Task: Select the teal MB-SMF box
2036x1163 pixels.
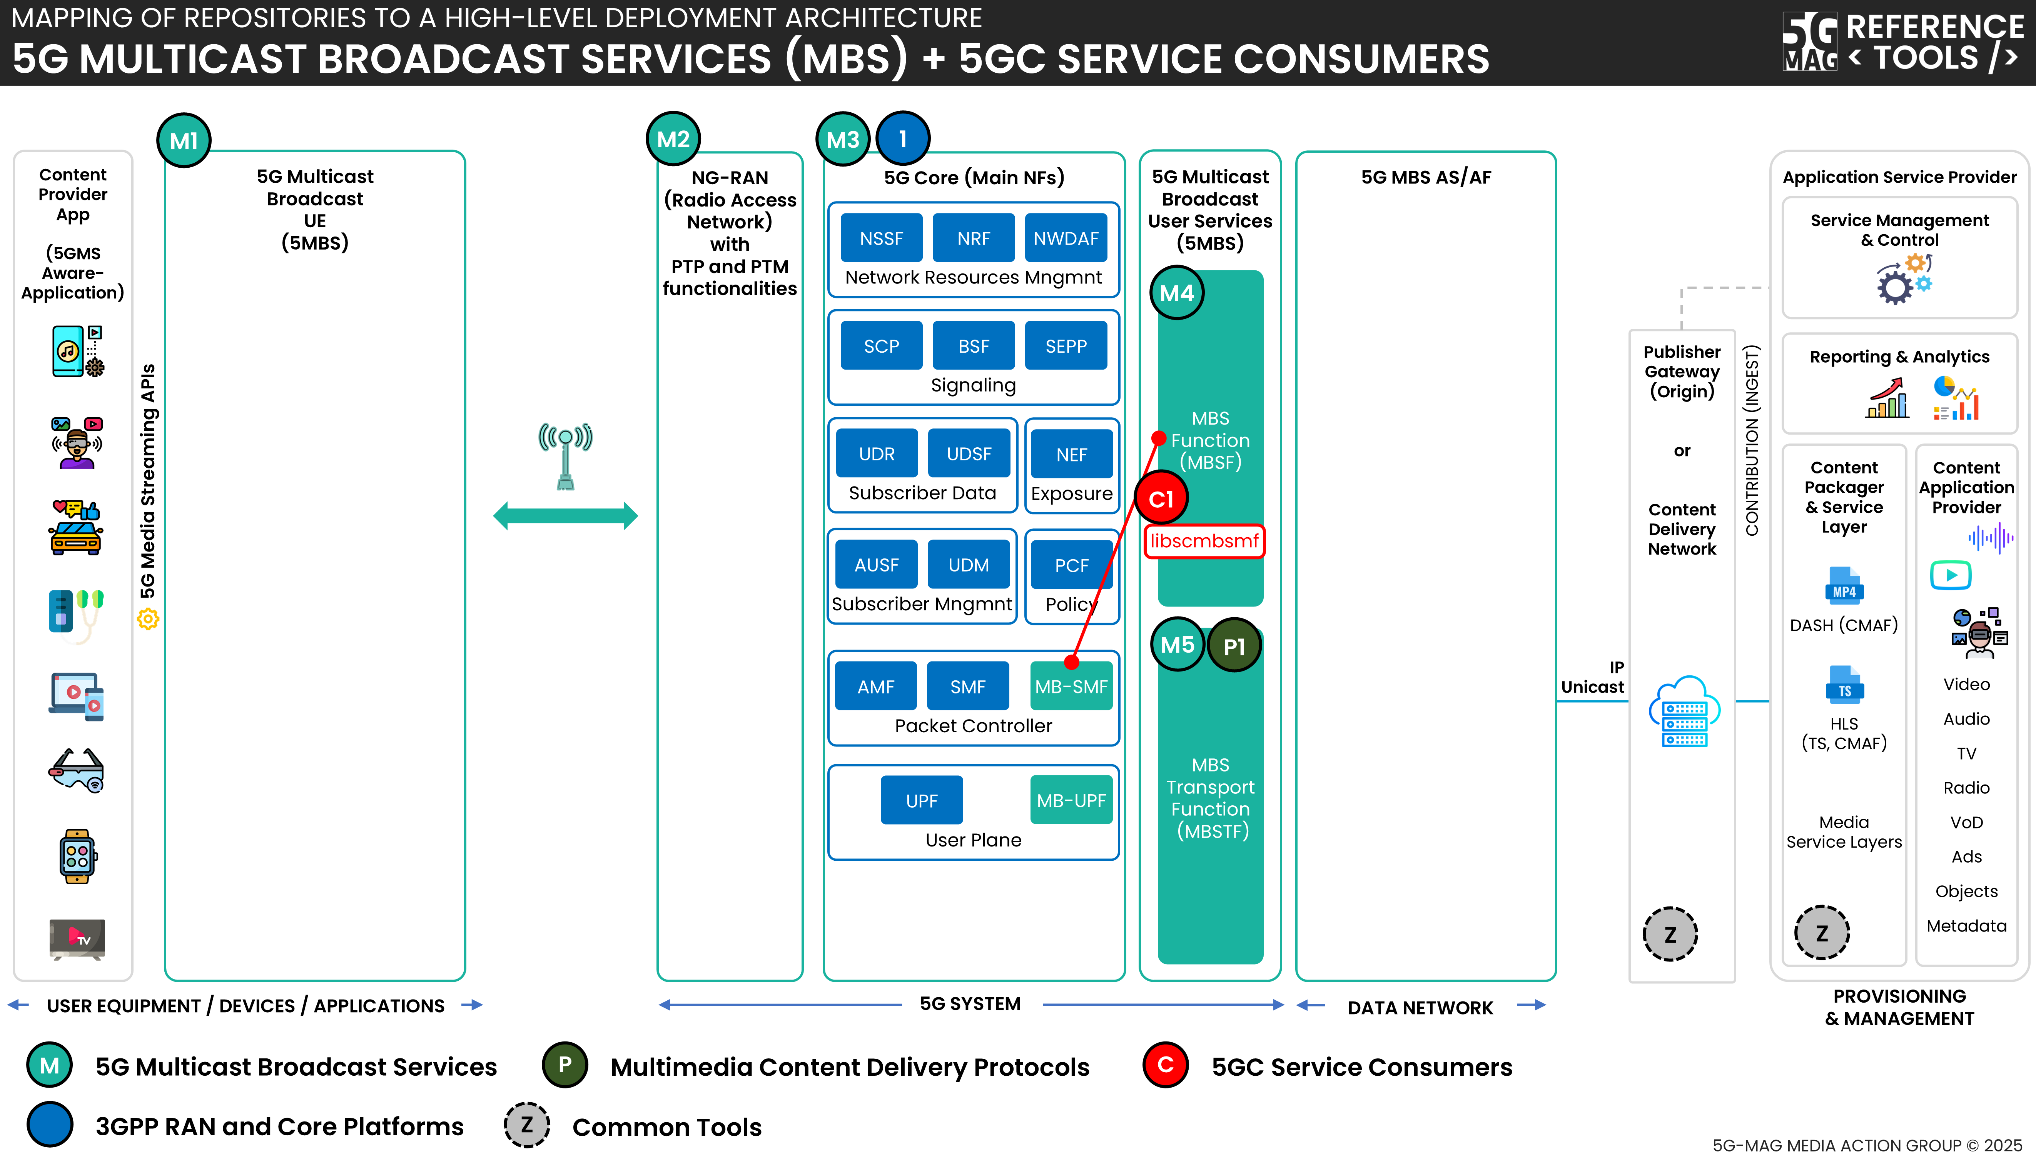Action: (1071, 686)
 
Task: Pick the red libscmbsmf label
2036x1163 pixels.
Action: (1204, 541)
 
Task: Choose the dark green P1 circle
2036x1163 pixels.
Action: (1234, 645)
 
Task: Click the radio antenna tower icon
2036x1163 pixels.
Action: (565, 455)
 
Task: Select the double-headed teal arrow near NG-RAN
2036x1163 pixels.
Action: (565, 515)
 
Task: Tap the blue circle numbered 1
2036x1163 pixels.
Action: (903, 139)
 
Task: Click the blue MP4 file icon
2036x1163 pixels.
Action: (1844, 585)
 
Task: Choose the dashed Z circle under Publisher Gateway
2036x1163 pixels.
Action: (1670, 934)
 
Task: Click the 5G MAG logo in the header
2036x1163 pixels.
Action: (1810, 42)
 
